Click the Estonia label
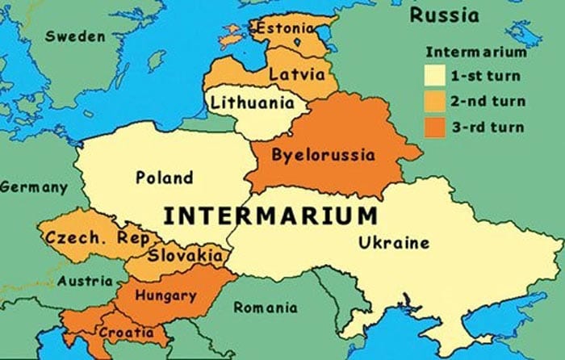click(284, 29)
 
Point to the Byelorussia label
click(323, 154)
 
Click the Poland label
click(164, 178)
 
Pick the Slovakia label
click(186, 256)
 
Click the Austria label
click(85, 282)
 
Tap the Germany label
click(33, 187)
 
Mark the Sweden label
click(74, 36)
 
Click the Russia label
click(443, 15)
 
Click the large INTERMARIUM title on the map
click(270, 216)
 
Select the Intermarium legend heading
click(475, 54)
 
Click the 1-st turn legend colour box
click(435, 77)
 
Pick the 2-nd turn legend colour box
click(435, 102)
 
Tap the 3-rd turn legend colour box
click(435, 127)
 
